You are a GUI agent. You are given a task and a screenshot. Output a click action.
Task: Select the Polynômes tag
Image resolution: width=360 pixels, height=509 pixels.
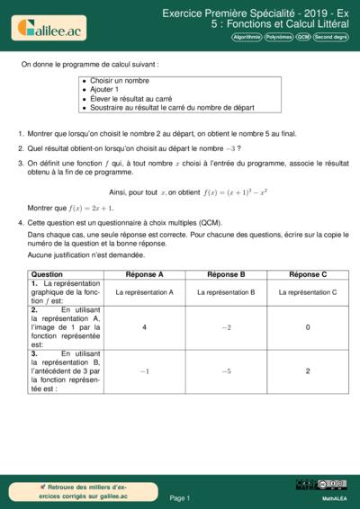coord(279,38)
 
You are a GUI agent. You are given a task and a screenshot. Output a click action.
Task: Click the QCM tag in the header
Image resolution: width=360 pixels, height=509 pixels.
coord(303,38)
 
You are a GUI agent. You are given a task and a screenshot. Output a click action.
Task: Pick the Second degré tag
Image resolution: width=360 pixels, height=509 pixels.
coord(330,38)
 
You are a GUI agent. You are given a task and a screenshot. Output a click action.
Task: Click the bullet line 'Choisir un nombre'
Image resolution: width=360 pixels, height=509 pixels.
coord(119,81)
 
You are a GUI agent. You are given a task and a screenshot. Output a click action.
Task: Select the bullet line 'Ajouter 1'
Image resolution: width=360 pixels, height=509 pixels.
coord(106,90)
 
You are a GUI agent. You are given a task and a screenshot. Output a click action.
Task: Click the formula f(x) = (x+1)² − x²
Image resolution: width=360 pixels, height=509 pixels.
coord(237,192)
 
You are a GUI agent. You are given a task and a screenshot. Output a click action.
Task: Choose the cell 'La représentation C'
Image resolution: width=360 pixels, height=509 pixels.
coord(308,292)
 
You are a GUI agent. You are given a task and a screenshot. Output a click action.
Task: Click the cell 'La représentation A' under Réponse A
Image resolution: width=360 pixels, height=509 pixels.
coord(145,292)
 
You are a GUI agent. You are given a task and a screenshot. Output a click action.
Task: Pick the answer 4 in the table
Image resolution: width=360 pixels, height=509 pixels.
coord(145,327)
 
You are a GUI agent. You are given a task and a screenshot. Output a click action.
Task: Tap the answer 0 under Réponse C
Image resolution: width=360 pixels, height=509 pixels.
coord(308,327)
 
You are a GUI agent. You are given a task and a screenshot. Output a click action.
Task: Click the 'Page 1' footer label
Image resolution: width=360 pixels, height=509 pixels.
coord(179,497)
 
